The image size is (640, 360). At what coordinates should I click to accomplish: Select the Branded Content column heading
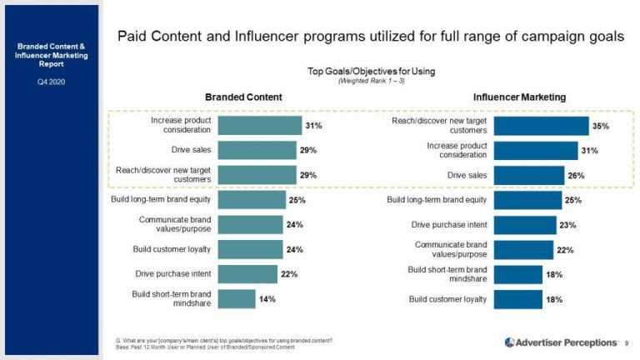pyautogui.click(x=243, y=97)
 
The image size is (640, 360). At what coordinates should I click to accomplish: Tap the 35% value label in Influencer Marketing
pyautogui.click(x=600, y=126)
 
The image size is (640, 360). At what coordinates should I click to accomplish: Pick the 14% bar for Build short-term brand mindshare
pyautogui.click(x=237, y=298)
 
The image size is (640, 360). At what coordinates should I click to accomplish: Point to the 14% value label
pyautogui.click(x=267, y=298)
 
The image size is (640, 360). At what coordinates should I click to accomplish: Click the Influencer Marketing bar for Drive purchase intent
pyautogui.click(x=525, y=225)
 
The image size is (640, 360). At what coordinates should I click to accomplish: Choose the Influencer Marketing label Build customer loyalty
pyautogui.click(x=447, y=299)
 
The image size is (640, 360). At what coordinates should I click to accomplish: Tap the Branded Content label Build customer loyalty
pyautogui.click(x=172, y=249)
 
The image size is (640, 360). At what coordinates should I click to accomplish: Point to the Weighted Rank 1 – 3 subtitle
pyautogui.click(x=372, y=81)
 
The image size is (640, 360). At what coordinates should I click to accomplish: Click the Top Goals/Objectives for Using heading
pyautogui.click(x=372, y=72)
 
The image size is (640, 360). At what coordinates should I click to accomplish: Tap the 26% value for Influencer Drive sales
pyautogui.click(x=576, y=176)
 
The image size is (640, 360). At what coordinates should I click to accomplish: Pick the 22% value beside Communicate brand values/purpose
pyautogui.click(x=564, y=250)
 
